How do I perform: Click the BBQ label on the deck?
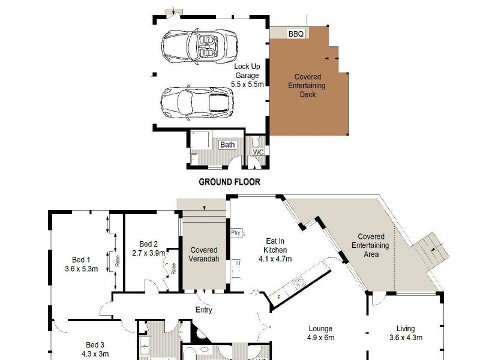tap(296, 34)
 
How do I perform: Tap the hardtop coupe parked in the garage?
tap(195, 102)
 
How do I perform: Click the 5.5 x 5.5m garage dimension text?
tap(248, 85)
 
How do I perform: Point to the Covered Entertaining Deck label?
tap(308, 85)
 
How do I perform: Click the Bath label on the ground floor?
tap(227, 145)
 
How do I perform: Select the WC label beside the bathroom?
tap(258, 152)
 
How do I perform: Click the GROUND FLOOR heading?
tap(229, 182)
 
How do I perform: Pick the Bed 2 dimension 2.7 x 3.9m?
tap(148, 253)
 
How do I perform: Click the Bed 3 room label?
tap(95, 345)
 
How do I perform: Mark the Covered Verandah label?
tap(203, 254)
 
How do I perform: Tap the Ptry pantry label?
tap(235, 232)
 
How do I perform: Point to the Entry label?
tap(204, 310)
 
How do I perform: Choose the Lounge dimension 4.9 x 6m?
tap(321, 337)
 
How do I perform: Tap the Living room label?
tap(406, 329)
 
